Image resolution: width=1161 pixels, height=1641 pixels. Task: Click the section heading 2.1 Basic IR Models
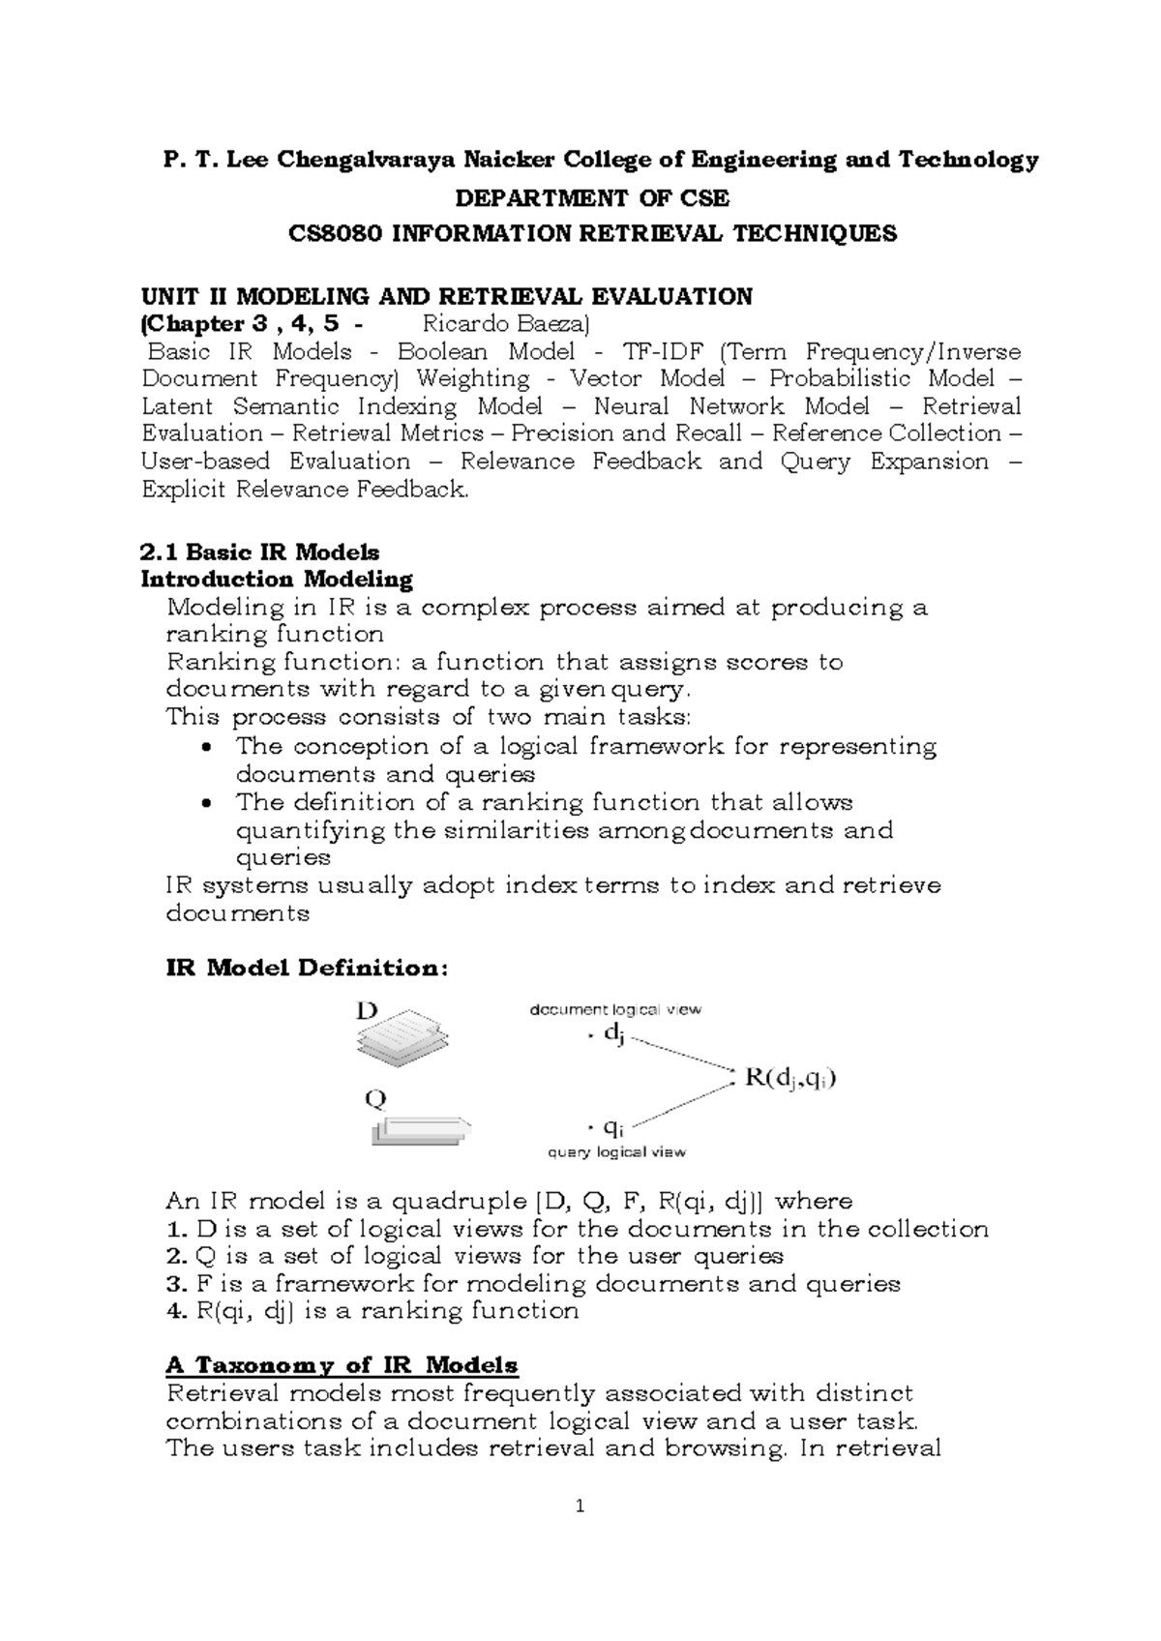259,552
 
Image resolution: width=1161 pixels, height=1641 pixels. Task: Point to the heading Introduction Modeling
277,580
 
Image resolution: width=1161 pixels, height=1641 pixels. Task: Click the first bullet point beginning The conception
585,747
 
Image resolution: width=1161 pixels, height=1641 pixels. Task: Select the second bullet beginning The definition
544,803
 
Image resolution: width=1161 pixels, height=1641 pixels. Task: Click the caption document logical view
614,1009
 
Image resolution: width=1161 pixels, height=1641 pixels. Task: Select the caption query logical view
616,1151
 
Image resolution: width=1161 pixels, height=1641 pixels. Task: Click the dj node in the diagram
613,1034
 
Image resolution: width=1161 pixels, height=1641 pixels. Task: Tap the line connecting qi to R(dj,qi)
682,1103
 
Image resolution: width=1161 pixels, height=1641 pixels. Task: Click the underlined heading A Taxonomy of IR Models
342,1365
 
